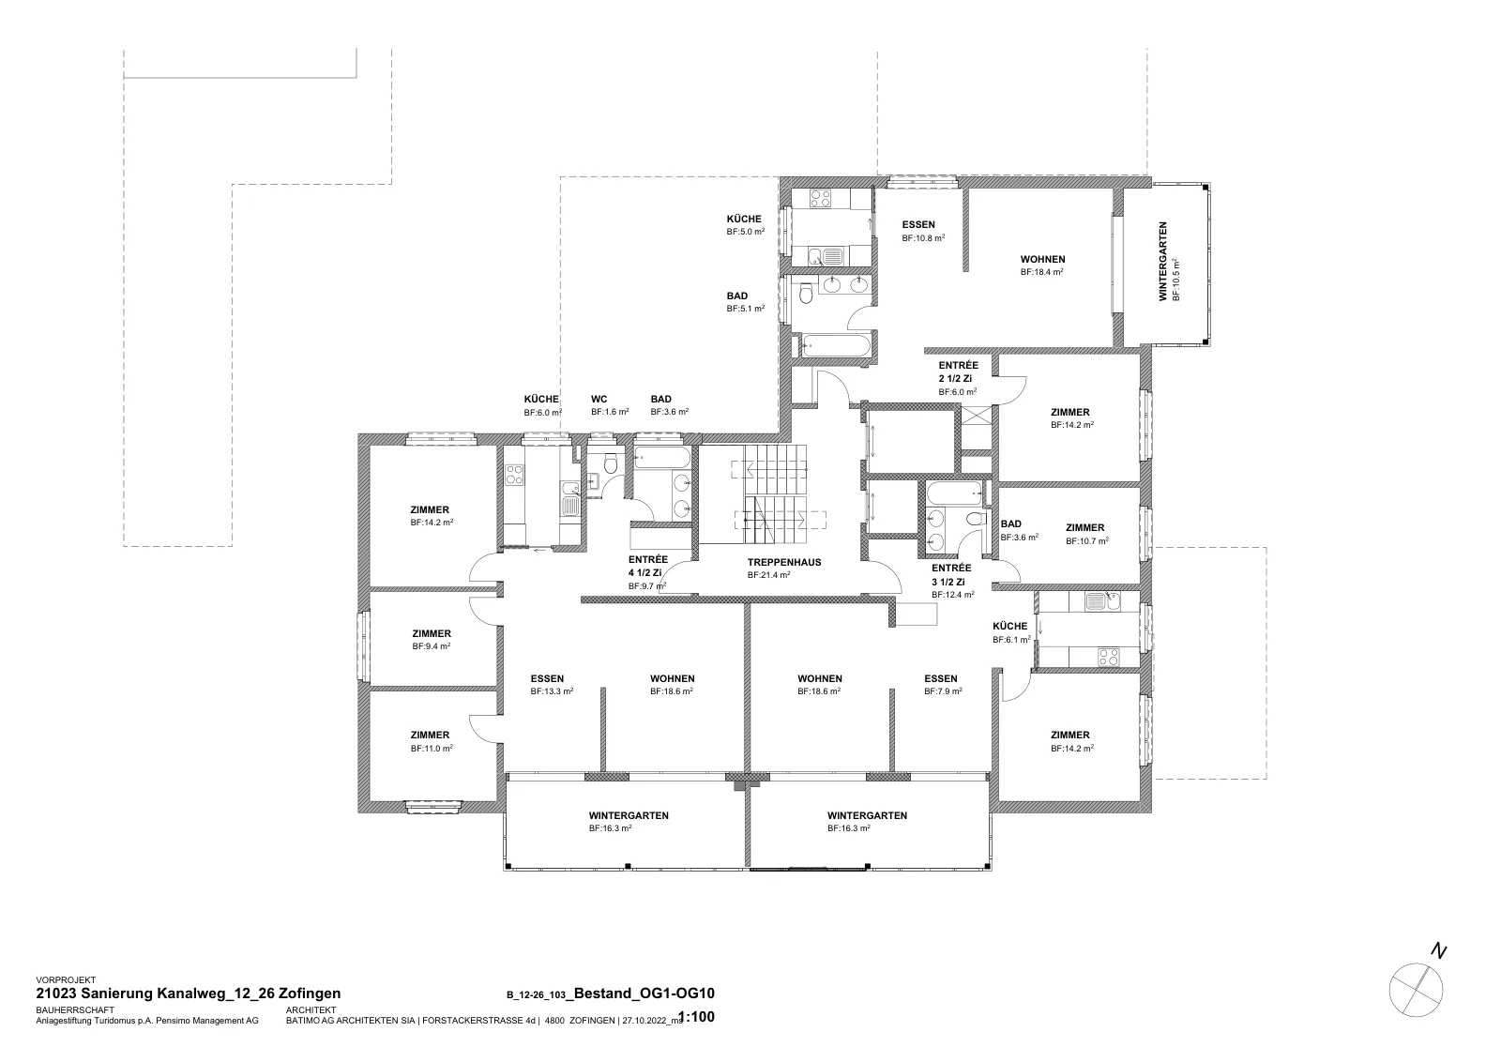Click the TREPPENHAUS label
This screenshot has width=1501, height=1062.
tap(784, 562)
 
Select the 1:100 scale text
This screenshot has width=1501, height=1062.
tap(697, 1017)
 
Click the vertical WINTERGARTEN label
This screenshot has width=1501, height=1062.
tap(1163, 262)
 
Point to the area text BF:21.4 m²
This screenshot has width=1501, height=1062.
tap(768, 575)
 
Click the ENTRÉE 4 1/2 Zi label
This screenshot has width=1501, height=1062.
tap(647, 566)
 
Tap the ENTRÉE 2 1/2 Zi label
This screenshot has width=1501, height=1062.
tap(958, 372)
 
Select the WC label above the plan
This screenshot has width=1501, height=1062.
tap(599, 400)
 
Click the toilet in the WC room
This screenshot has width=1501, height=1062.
tap(611, 463)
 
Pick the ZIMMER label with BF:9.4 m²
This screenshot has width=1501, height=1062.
tap(432, 633)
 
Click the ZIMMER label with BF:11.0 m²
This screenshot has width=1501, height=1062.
tap(431, 735)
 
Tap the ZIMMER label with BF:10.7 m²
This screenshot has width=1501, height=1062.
tap(1084, 527)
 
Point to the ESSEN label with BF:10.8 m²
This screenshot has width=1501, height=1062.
tap(918, 224)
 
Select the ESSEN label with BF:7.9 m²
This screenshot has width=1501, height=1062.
tap(941, 678)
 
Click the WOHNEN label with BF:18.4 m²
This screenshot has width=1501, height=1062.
tap(1042, 259)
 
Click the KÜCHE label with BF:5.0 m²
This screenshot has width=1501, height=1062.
tap(744, 220)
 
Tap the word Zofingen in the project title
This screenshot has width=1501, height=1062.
tap(310, 994)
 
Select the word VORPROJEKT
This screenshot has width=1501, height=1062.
tap(66, 980)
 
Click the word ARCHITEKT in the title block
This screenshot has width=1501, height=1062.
tap(311, 1010)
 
